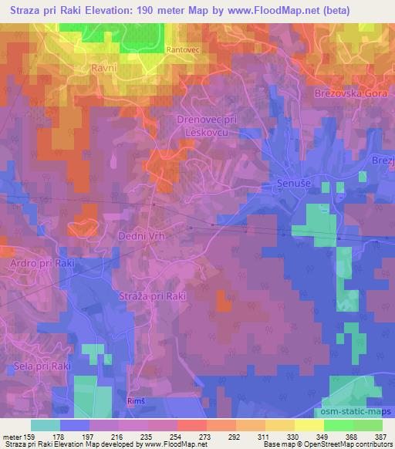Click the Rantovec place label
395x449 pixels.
pyautogui.click(x=182, y=50)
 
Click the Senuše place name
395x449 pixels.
pyautogui.click(x=292, y=184)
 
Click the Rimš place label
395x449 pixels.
pyautogui.click(x=135, y=402)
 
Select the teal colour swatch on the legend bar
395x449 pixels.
pyautogui.click(x=46, y=424)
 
